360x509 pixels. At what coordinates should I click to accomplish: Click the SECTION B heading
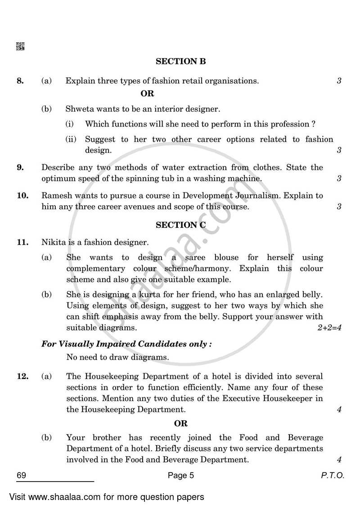(180, 61)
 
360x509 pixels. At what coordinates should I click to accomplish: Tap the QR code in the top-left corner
(20, 46)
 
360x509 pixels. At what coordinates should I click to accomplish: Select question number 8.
(20, 81)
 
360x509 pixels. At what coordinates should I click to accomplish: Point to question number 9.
(20, 167)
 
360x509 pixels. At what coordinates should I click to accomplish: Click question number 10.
(22, 196)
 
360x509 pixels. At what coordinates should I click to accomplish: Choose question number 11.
(22, 242)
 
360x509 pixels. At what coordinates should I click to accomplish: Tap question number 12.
(22, 376)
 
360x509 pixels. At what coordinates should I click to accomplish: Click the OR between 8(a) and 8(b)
(147, 94)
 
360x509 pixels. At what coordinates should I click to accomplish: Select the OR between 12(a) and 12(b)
(180, 423)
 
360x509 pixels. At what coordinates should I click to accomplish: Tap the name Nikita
(54, 242)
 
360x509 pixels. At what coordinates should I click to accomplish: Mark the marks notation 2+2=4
(329, 328)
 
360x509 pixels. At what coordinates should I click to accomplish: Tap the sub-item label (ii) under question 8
(71, 140)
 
